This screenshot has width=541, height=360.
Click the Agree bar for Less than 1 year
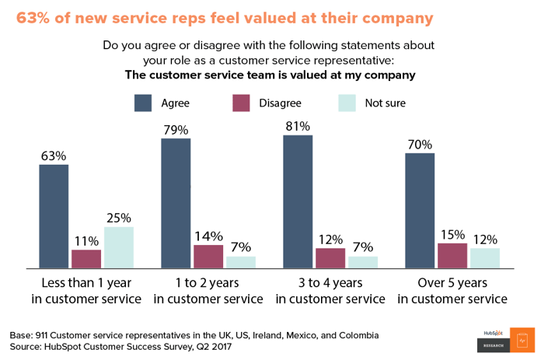(54, 216)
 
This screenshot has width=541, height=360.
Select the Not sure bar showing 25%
(119, 247)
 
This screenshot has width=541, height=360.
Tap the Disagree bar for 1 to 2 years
(208, 257)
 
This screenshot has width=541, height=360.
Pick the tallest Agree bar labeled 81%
(298, 201)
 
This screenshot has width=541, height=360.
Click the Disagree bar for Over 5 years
(452, 256)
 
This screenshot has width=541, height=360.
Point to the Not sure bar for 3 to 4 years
(363, 262)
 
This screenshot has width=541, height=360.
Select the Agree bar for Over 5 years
(420, 211)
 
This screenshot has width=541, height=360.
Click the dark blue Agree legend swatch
(143, 103)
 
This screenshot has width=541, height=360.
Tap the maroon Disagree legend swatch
(243, 103)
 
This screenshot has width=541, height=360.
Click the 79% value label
(176, 130)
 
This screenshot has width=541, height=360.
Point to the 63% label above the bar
(54, 156)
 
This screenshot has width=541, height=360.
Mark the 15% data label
(452, 234)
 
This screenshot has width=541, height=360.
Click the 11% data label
(86, 240)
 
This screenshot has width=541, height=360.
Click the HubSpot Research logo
(504, 334)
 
